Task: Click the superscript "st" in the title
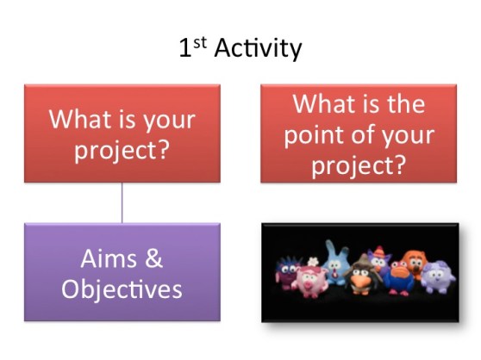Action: (198, 42)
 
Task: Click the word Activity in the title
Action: (257, 49)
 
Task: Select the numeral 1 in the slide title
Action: (184, 49)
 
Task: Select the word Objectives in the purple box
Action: (122, 289)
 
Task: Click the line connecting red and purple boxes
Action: (122, 202)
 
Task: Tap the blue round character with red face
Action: (399, 277)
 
